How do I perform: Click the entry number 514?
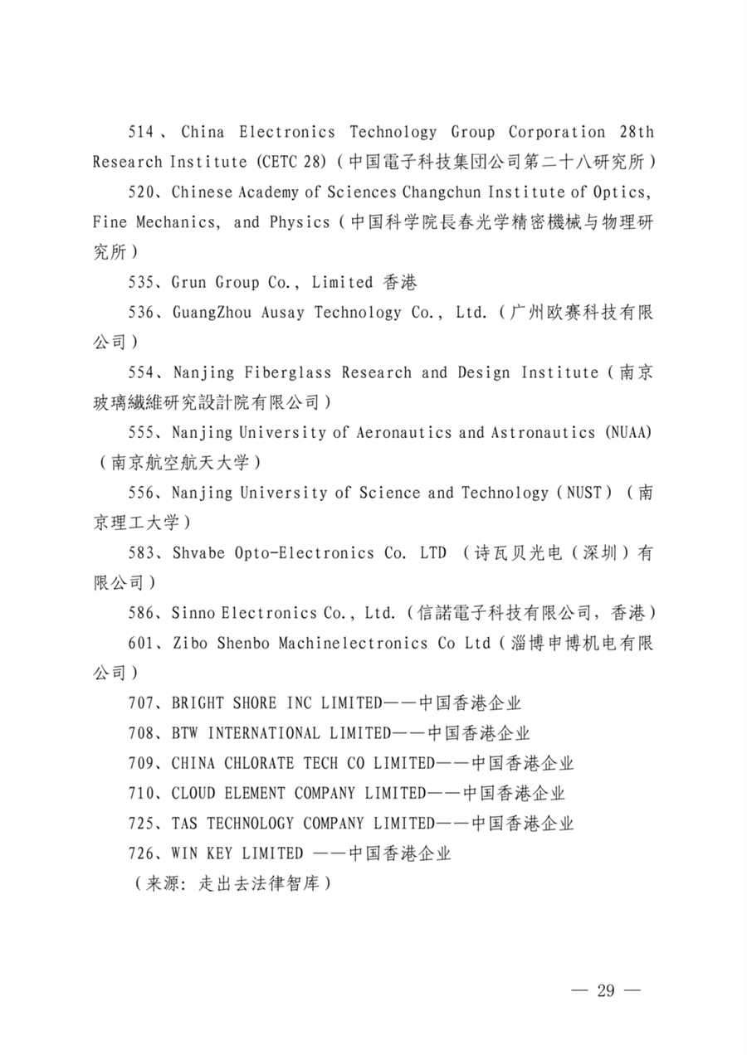(x=141, y=132)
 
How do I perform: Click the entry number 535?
(x=141, y=282)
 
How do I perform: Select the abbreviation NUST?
(x=582, y=493)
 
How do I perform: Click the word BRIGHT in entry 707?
(x=198, y=703)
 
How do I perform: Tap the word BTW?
(x=185, y=733)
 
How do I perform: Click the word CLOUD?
(x=193, y=793)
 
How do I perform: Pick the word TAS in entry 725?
(x=185, y=824)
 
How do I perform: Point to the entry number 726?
(x=141, y=853)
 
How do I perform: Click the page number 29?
(x=605, y=991)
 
